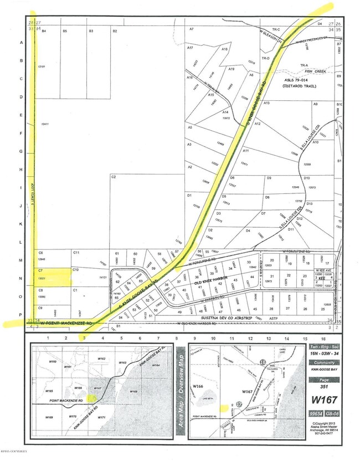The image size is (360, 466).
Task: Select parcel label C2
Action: [x=113, y=177]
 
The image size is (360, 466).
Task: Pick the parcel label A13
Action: [x=266, y=104]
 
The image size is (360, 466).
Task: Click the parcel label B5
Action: [x=65, y=32]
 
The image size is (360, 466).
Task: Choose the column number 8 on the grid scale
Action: [x=176, y=337]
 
